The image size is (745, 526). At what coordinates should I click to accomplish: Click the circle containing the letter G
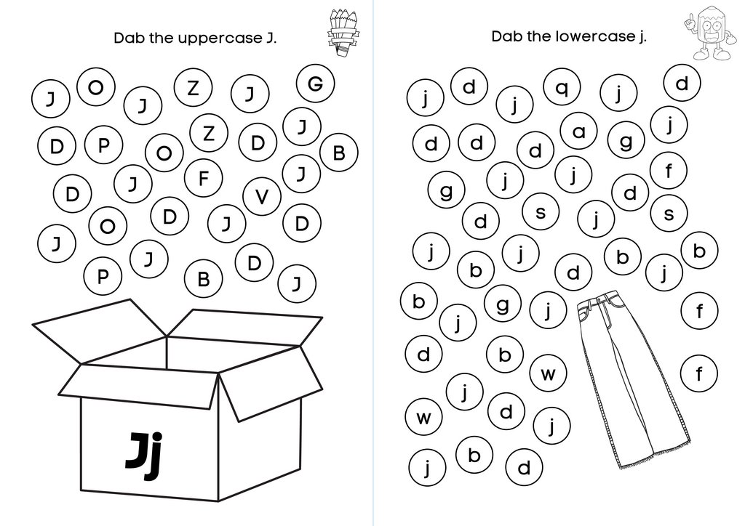pyautogui.click(x=315, y=84)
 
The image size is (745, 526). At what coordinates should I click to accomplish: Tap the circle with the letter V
pyautogui.click(x=263, y=195)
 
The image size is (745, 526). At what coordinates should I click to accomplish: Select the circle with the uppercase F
pyautogui.click(x=204, y=177)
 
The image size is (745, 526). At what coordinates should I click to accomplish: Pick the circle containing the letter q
pyautogui.click(x=562, y=89)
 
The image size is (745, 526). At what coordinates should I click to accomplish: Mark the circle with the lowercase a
pyautogui.click(x=579, y=131)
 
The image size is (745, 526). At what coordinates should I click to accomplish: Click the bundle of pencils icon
pyautogui.click(x=340, y=33)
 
